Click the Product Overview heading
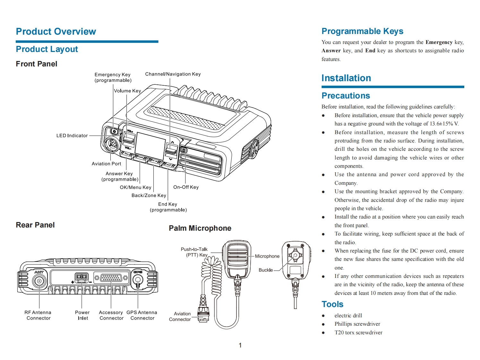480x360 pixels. (56, 31)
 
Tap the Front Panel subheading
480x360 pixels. (37, 64)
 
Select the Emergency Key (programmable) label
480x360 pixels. (113, 77)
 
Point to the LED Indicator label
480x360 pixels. (72, 135)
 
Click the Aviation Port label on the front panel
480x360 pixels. (106, 164)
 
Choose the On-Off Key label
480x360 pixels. (186, 187)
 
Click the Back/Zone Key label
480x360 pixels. (149, 195)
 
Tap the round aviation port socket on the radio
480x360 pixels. (112, 144)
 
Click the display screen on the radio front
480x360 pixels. (150, 146)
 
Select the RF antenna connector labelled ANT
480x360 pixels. (39, 281)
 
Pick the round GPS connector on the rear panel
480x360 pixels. (138, 279)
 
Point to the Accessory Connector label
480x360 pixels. (111, 315)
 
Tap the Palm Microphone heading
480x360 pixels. (200, 228)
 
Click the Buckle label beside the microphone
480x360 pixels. (266, 270)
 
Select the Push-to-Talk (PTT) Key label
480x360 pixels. (194, 252)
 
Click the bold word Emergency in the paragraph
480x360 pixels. (439, 42)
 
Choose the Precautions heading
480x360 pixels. (346, 96)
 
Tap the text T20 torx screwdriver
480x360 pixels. (358, 332)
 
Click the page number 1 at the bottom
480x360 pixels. (240, 345)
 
